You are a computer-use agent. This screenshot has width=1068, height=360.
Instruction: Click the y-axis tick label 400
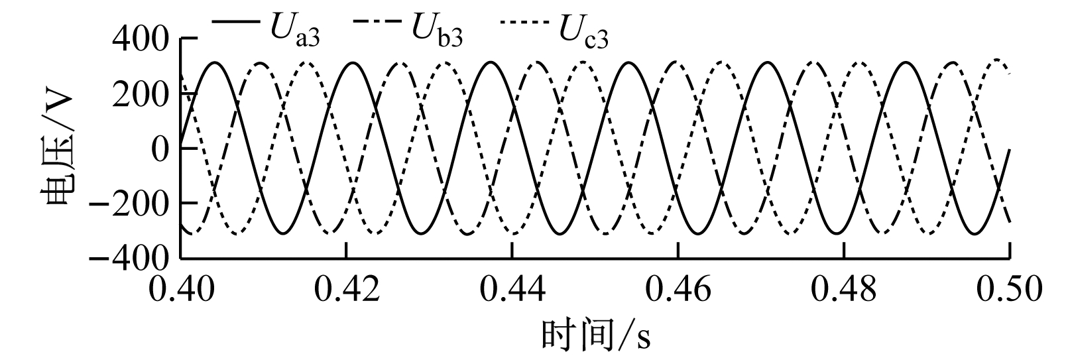pos(141,39)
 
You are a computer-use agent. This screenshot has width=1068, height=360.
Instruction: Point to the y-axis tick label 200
pos(141,94)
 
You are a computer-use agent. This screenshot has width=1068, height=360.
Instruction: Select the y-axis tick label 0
pos(160,149)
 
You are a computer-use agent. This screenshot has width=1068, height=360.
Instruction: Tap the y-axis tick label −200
pos(129,205)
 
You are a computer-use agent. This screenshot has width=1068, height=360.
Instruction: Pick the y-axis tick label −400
pos(129,260)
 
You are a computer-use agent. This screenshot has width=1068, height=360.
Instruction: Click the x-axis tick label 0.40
pos(182,289)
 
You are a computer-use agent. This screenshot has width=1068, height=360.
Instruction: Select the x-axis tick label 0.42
pos(347,289)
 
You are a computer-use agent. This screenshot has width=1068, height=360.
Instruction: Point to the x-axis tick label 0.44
pos(512,289)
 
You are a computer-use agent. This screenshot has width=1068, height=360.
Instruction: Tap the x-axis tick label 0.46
pos(678,289)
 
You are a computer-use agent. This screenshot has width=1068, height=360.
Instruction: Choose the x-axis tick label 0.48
pos(844,289)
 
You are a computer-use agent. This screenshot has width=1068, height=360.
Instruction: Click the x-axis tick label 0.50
pos(1010,289)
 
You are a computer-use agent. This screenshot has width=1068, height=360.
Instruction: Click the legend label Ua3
pos(294,30)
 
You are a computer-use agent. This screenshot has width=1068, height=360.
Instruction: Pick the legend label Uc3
pos(583,31)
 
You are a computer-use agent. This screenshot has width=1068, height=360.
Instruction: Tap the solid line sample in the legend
pos(236,21)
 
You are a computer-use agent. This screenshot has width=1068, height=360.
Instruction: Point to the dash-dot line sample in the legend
pos(379,21)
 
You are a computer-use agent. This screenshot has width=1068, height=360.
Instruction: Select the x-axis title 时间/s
pos(596,336)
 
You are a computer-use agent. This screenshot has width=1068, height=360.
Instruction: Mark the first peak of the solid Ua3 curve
pos(215,62)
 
